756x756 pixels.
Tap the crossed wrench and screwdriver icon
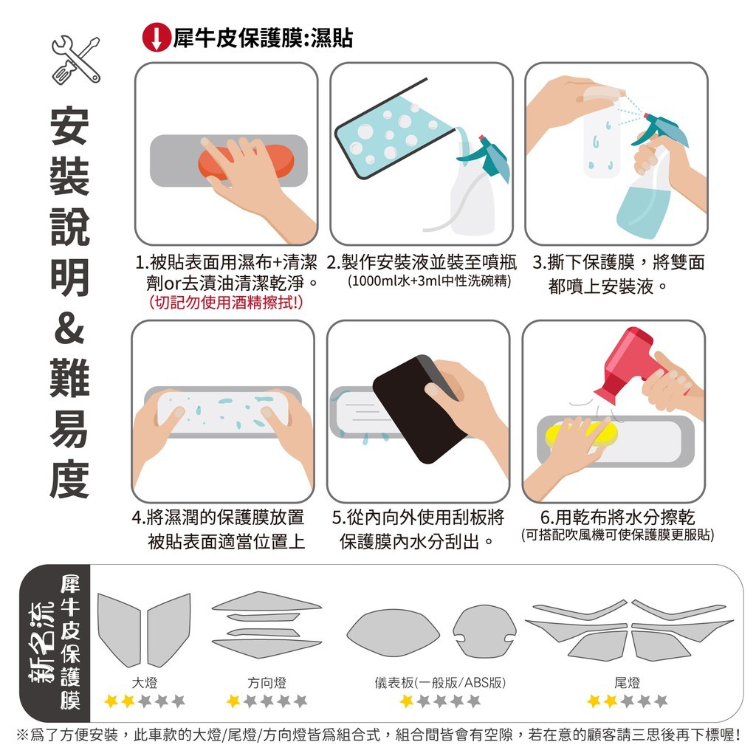point(76,61)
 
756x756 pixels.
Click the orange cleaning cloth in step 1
point(246,162)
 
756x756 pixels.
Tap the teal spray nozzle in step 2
point(484,155)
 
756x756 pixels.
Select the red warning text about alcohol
point(226,303)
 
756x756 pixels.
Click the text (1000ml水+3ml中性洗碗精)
point(429,281)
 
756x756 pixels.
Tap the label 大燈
point(145,683)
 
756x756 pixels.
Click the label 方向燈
point(267,683)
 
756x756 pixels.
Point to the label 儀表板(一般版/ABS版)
point(440,683)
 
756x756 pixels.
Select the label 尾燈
point(628,683)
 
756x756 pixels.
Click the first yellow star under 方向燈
point(233,701)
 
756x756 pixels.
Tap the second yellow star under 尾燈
point(611,701)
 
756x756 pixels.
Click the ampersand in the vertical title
point(70,329)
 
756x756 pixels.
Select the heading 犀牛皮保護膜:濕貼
point(264,38)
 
